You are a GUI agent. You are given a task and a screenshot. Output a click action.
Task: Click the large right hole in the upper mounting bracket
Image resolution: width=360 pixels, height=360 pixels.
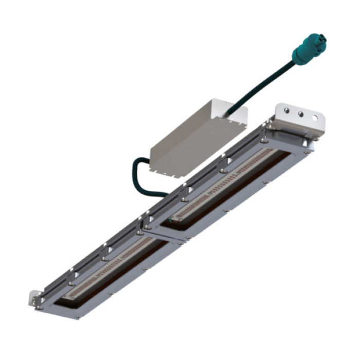[x=313, y=118]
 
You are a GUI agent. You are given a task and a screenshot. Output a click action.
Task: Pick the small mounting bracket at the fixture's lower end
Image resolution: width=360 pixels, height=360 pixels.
[x=35, y=300]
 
